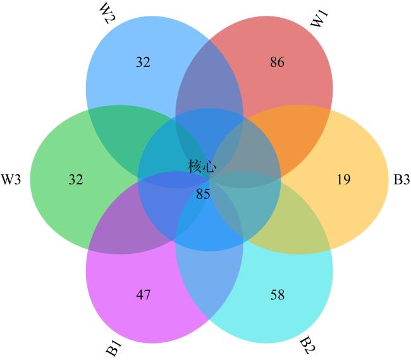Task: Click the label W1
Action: pos(319,18)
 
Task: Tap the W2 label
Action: pos(107,13)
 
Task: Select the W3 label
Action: pos(11,179)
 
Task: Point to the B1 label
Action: pos(114,348)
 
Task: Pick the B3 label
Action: pos(402,179)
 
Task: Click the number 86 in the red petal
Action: pos(277,63)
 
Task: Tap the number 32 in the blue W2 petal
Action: pos(143,63)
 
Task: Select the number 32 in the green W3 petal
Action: pos(76,179)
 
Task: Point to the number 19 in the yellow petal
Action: pos(343,179)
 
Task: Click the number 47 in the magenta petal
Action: pos(144,295)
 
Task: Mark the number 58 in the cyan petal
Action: pos(278,295)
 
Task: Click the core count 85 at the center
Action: pos(203,195)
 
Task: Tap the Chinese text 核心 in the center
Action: pos(202,166)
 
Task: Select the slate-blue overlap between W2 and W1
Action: pos(209,78)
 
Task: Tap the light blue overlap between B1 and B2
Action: pos(209,283)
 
